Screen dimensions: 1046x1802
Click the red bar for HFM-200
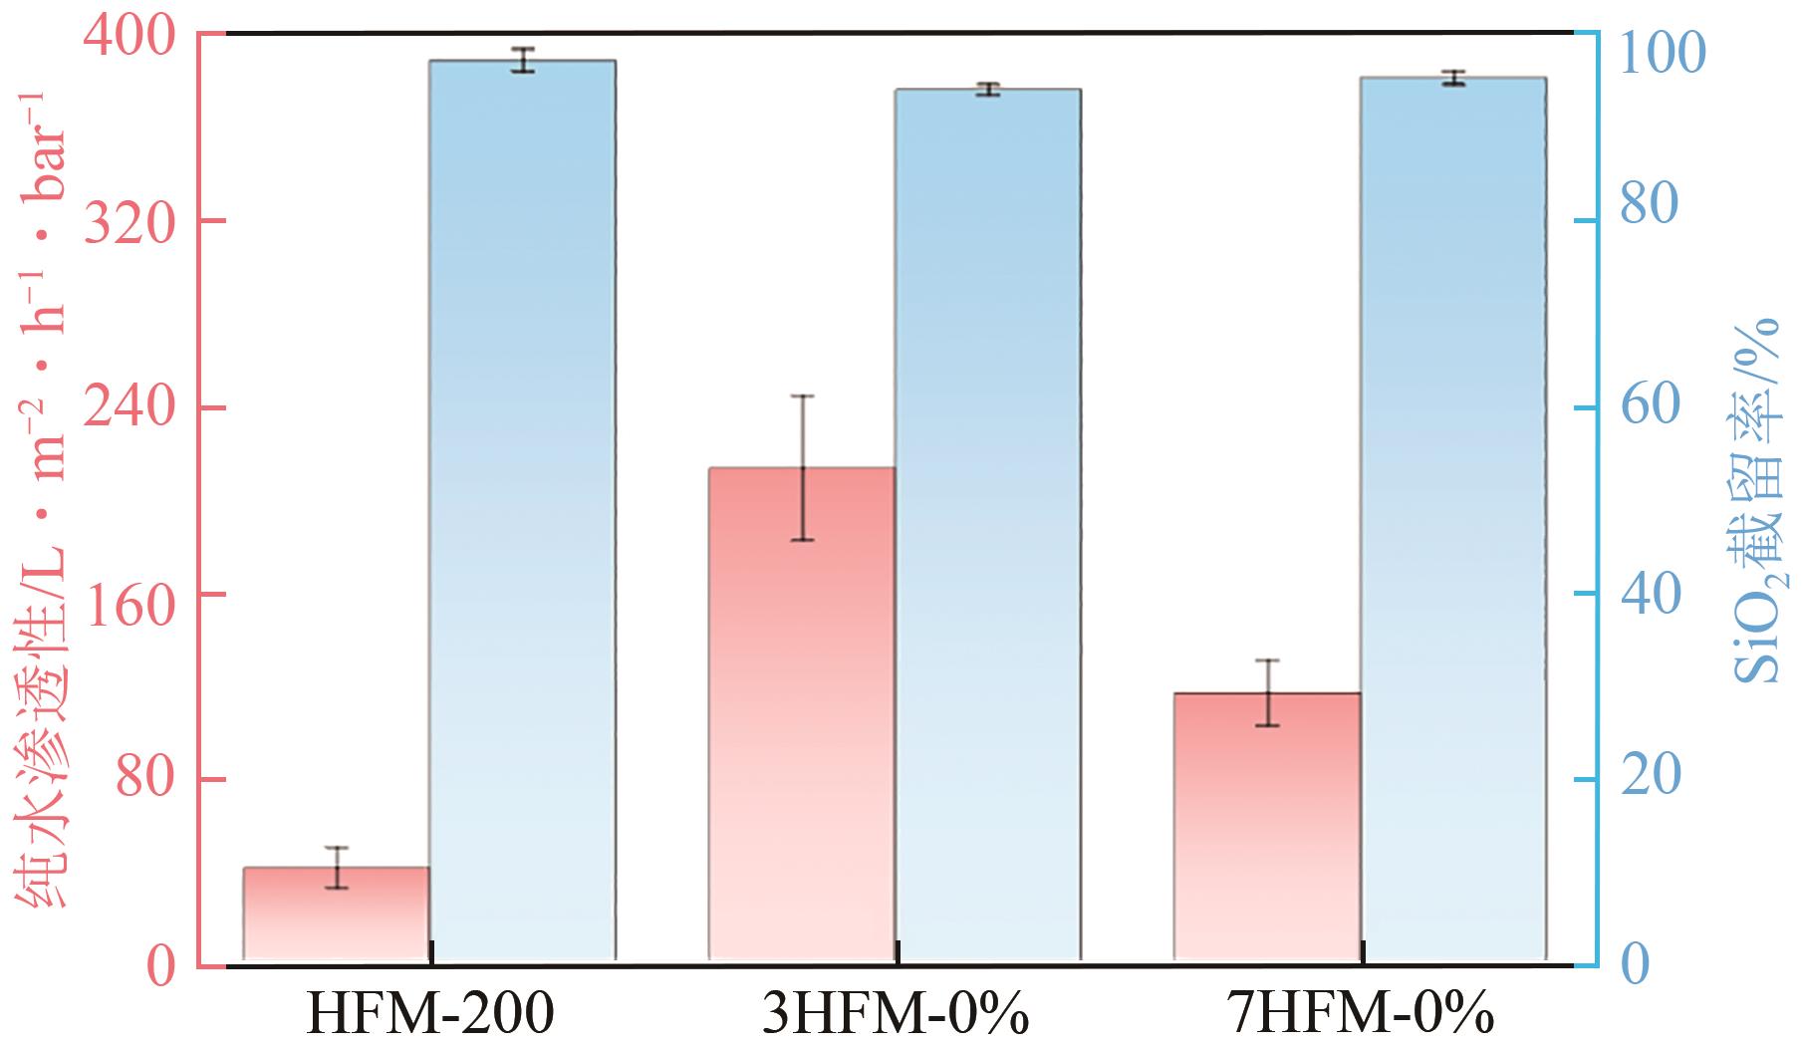337,914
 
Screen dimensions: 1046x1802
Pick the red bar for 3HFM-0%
802,713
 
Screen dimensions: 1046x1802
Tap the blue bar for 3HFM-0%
987,524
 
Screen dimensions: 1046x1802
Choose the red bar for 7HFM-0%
1267,826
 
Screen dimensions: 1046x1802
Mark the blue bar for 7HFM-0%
1452,518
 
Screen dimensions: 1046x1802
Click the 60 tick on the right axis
1649,407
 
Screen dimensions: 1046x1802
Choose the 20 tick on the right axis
1649,780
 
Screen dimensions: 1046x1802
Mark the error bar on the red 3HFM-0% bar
802,467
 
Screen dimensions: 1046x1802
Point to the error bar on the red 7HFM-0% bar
1267,692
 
